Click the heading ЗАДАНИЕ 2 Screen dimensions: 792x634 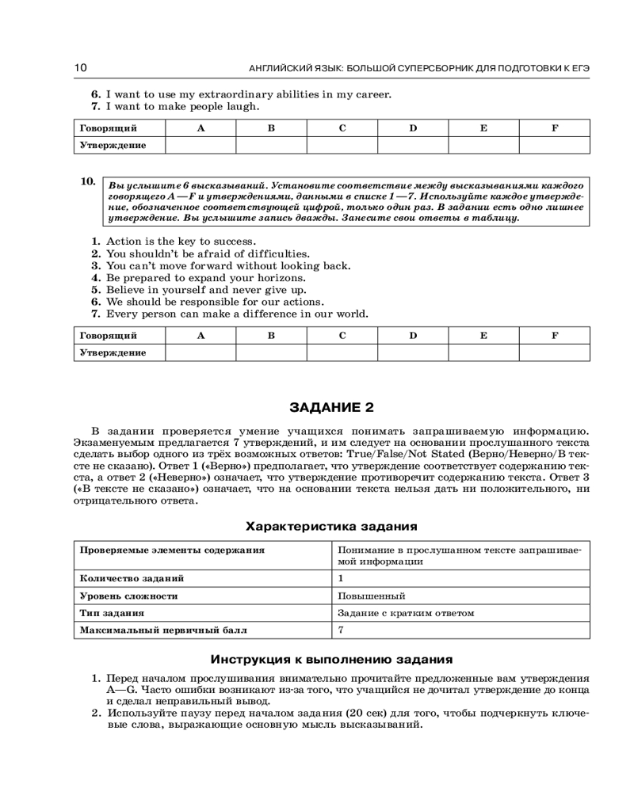(331, 408)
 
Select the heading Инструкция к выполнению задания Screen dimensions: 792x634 (331, 658)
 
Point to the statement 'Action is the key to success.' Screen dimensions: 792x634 (181, 242)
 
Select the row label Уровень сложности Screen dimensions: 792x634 (128, 596)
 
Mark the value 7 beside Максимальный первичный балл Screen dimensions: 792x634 (341, 630)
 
